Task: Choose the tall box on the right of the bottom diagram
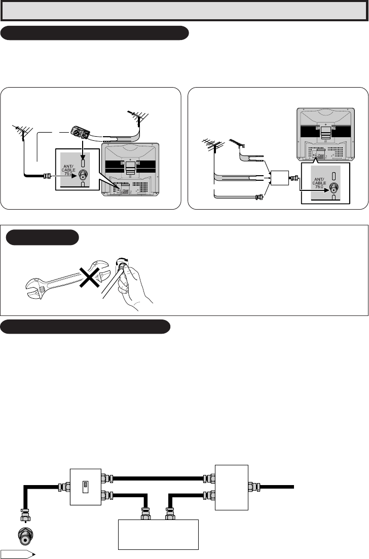232,487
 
